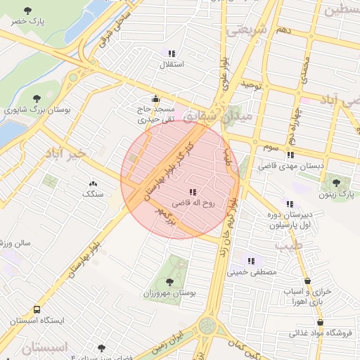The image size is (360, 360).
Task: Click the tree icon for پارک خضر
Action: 27,11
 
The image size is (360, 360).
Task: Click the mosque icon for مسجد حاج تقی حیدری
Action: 155,98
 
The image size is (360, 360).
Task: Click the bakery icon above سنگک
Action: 93,184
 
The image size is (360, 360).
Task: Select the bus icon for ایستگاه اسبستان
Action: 37,309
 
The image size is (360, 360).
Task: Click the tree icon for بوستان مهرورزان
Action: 169,281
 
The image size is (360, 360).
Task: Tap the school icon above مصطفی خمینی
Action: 252,261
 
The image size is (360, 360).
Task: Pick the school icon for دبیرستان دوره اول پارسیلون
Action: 290,203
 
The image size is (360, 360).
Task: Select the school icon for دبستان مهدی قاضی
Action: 291,155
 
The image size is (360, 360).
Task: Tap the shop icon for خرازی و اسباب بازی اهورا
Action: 309,279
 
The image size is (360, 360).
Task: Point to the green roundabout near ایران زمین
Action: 207,326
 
